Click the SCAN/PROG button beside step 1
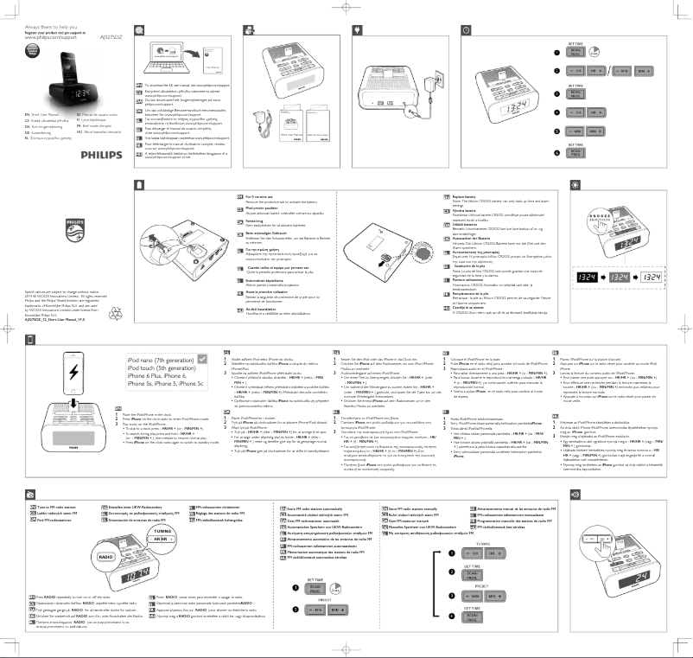(x=578, y=54)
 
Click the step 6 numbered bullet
(x=556, y=151)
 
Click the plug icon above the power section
(x=358, y=30)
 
